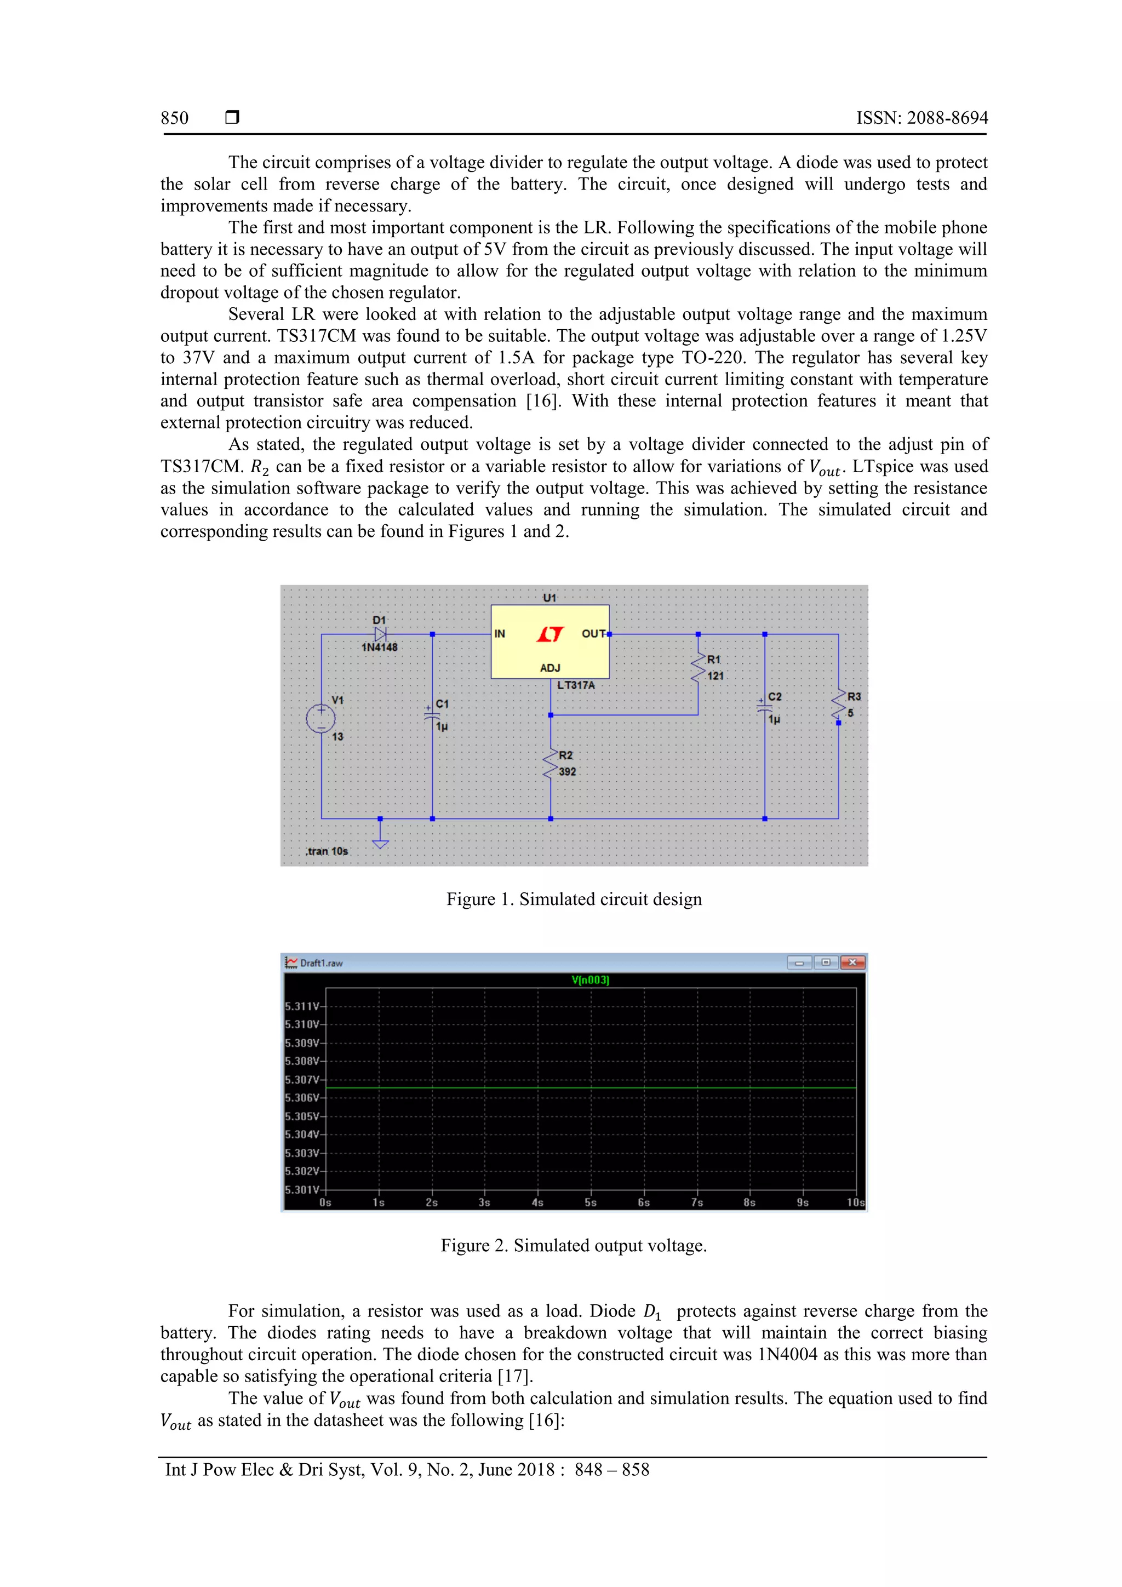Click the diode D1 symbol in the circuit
380,634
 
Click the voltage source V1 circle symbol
321,718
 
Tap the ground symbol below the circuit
380,843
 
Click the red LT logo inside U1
550,634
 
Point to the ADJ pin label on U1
550,668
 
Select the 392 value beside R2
568,772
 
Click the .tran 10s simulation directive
327,851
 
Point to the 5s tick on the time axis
591,1202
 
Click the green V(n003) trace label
591,980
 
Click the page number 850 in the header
174,118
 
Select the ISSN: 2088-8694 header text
921,118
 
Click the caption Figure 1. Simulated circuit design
574,900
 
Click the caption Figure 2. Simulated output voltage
574,1246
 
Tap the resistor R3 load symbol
839,705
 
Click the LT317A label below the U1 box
576,685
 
